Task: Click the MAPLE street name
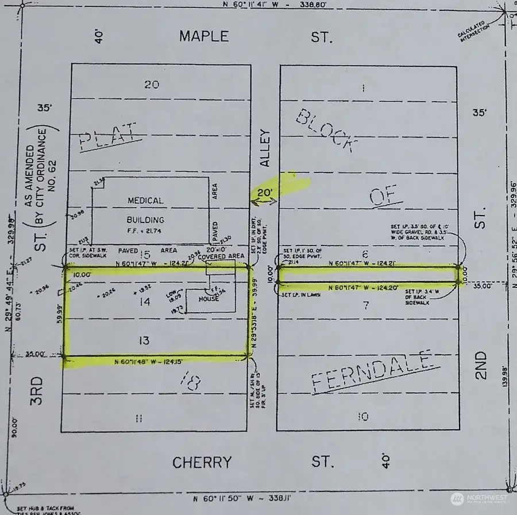coord(204,36)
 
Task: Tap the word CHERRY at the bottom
coord(203,462)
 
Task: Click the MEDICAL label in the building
coord(146,201)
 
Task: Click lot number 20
coord(152,84)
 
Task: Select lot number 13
coord(144,341)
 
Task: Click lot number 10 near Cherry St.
coord(362,417)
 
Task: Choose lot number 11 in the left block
coord(138,418)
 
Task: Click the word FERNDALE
coord(371,372)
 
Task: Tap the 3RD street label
coord(37,391)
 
